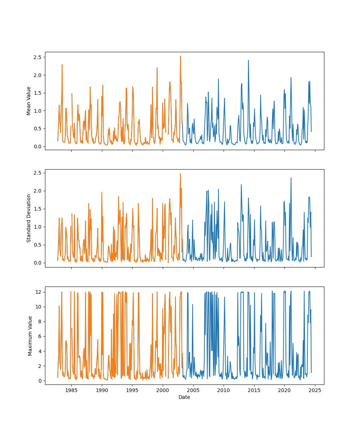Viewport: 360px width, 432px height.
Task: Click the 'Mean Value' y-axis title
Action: click(29, 101)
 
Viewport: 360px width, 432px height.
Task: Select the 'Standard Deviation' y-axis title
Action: click(29, 218)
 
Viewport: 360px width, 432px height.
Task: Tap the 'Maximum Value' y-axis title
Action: click(30, 336)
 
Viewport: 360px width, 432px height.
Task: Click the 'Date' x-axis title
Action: click(184, 397)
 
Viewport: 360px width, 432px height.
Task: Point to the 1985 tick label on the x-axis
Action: click(71, 390)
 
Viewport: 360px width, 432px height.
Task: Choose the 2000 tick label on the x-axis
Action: click(163, 390)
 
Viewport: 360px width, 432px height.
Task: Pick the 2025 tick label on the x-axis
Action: click(315, 390)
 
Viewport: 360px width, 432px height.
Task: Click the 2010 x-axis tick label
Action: click(224, 390)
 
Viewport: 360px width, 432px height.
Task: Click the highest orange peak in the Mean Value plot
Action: click(180, 57)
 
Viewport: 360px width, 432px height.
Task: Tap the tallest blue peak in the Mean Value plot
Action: click(248, 60)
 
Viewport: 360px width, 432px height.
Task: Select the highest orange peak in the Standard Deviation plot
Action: click(180, 174)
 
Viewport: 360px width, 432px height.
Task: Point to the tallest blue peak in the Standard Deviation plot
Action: click(291, 178)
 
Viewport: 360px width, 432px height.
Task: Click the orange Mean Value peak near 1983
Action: click(62, 65)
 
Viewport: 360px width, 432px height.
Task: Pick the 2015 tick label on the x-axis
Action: click(254, 390)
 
